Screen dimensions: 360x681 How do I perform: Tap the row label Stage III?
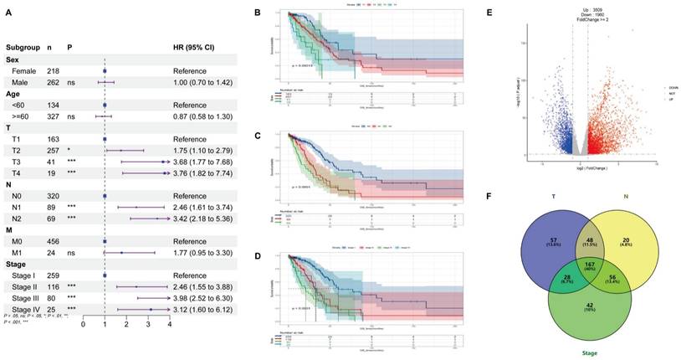click(x=26, y=296)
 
